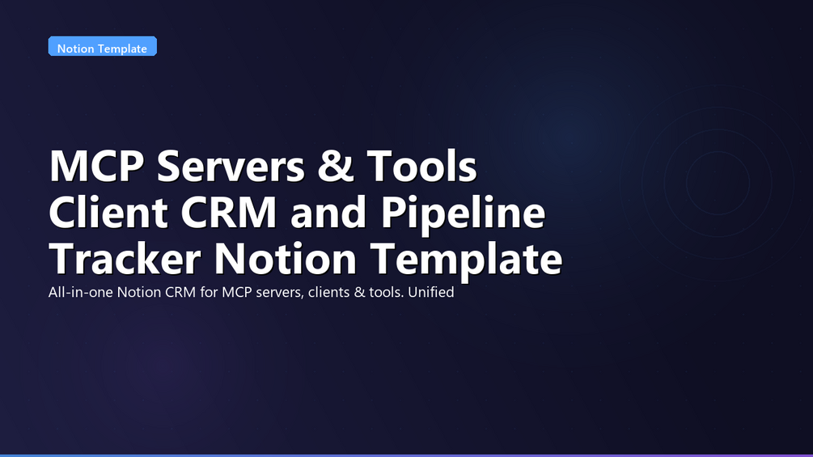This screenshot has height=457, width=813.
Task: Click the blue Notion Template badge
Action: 103,46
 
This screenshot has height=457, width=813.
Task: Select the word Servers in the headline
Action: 231,166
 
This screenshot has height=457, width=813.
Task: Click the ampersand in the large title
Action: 336,166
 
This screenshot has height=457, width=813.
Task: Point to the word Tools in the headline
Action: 421,166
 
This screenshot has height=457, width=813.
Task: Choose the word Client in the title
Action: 108,212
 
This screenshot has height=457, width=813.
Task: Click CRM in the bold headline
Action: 229,212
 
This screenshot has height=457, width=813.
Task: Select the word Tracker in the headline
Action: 125,258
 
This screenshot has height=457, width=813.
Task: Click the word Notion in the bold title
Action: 286,258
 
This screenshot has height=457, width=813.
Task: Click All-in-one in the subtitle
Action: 81,292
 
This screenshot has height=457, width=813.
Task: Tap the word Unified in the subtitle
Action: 431,292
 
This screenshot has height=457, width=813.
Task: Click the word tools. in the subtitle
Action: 387,292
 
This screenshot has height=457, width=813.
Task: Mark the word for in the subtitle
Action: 209,292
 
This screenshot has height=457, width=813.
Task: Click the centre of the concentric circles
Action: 718,183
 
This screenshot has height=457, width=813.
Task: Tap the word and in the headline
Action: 328,212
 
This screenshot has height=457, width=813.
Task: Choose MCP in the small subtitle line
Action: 237,292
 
